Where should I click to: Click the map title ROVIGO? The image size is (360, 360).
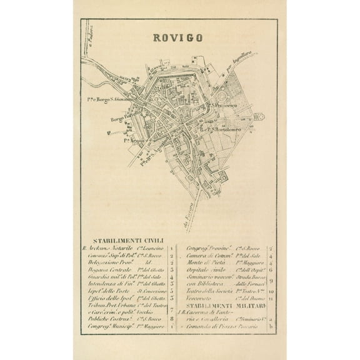(x=177, y=38)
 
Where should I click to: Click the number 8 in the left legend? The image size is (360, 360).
(x=171, y=317)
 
